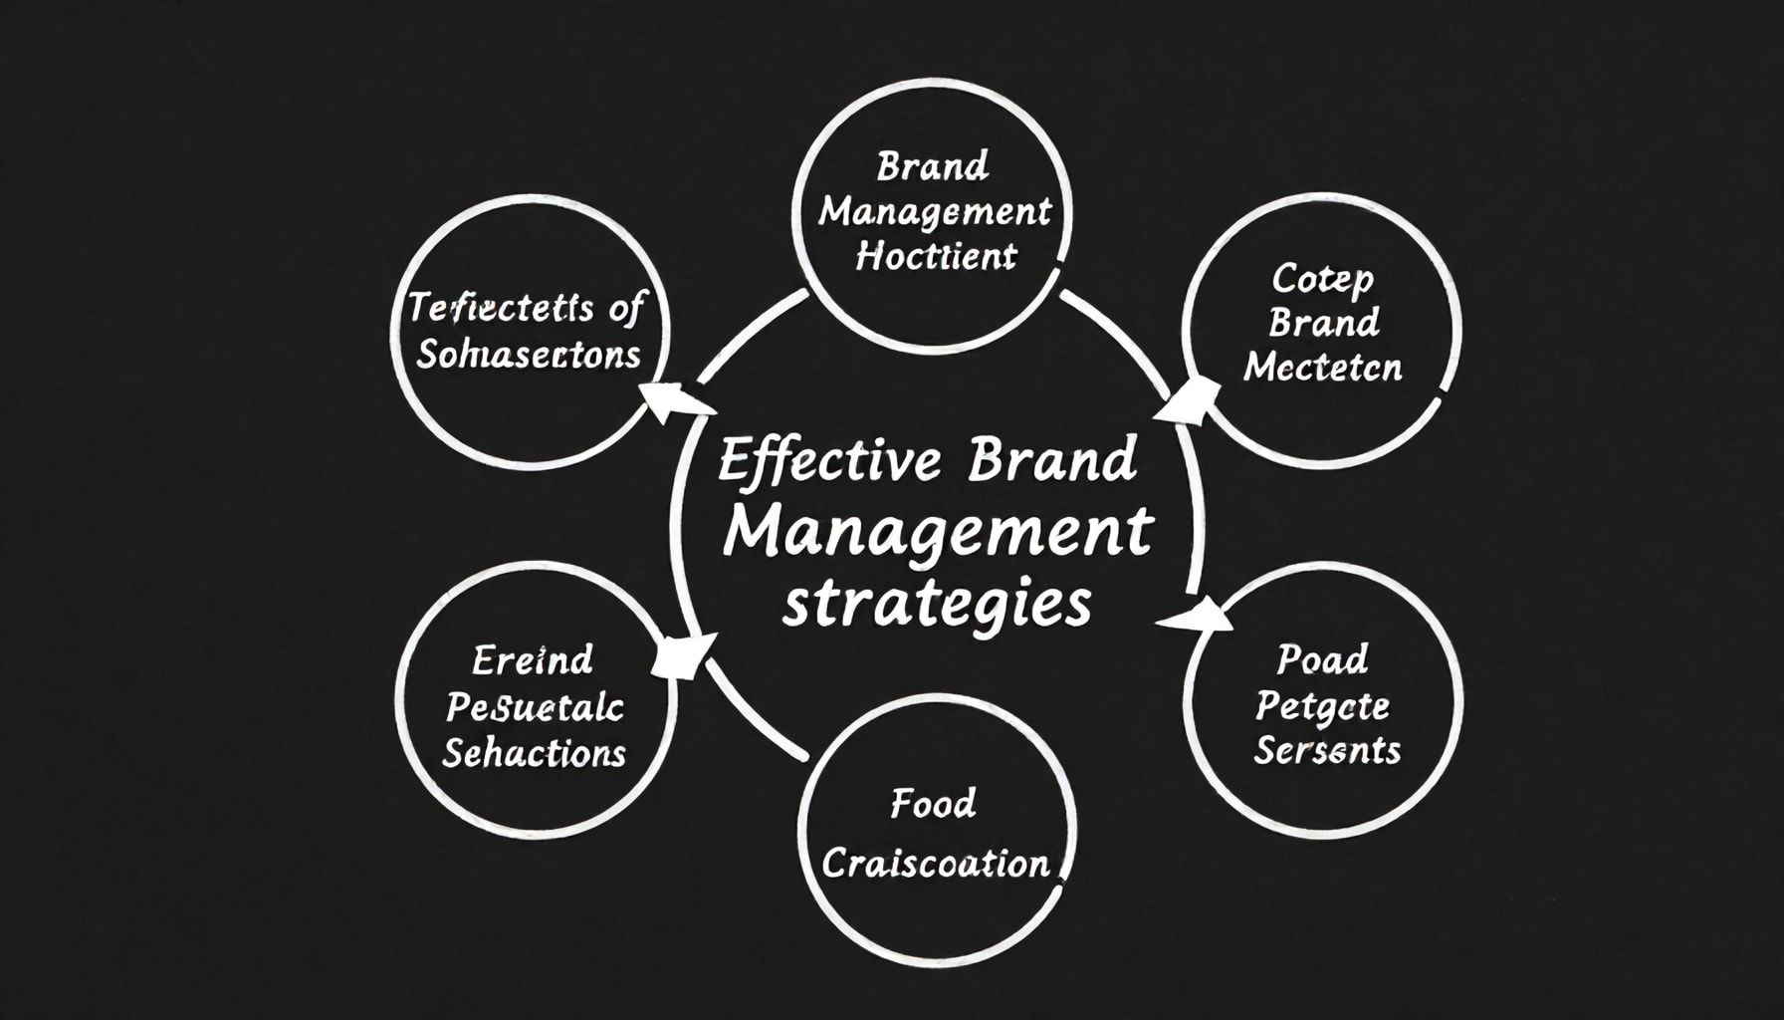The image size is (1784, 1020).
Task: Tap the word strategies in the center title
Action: (x=937, y=604)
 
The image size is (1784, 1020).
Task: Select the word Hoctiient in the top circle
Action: (x=936, y=257)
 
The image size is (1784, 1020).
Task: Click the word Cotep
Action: (x=1322, y=279)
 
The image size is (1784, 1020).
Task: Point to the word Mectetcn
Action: (x=1322, y=368)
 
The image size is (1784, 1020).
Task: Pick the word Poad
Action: (x=1322, y=658)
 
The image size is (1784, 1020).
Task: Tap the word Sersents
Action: (x=1326, y=750)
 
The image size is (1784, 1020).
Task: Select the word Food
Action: (x=933, y=803)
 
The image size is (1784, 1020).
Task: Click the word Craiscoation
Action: (x=936, y=863)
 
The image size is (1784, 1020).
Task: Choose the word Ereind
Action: (x=533, y=659)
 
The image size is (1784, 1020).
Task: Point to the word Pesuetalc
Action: (x=535, y=707)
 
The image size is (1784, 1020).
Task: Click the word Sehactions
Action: (x=534, y=753)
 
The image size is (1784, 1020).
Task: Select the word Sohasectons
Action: (x=528, y=355)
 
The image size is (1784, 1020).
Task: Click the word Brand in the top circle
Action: (x=933, y=166)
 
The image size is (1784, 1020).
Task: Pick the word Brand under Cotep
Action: (x=1324, y=323)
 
